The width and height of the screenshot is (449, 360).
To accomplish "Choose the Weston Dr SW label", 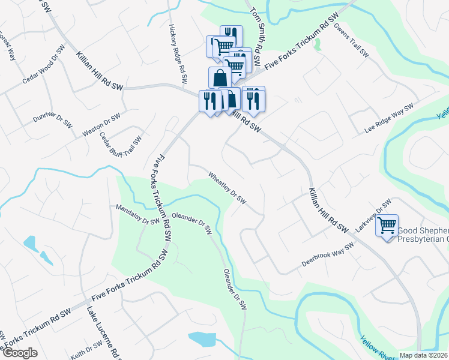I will (101, 124).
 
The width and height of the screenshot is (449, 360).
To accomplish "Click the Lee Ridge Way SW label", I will (390, 118).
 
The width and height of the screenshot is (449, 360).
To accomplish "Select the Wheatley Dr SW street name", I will (227, 188).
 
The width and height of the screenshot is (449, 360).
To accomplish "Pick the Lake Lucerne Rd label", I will (105, 333).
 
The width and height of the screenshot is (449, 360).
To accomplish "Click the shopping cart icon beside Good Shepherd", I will (387, 225).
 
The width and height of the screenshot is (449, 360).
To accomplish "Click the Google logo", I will (20, 353).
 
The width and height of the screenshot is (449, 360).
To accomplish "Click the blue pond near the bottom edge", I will (202, 338).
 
